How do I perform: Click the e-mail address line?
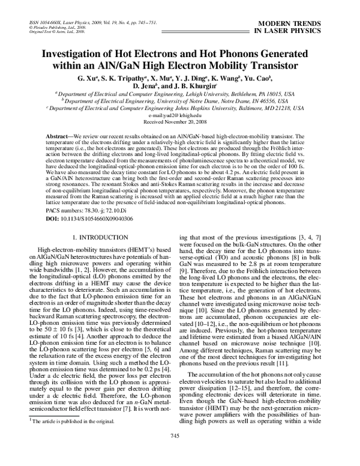pos(179,115)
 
